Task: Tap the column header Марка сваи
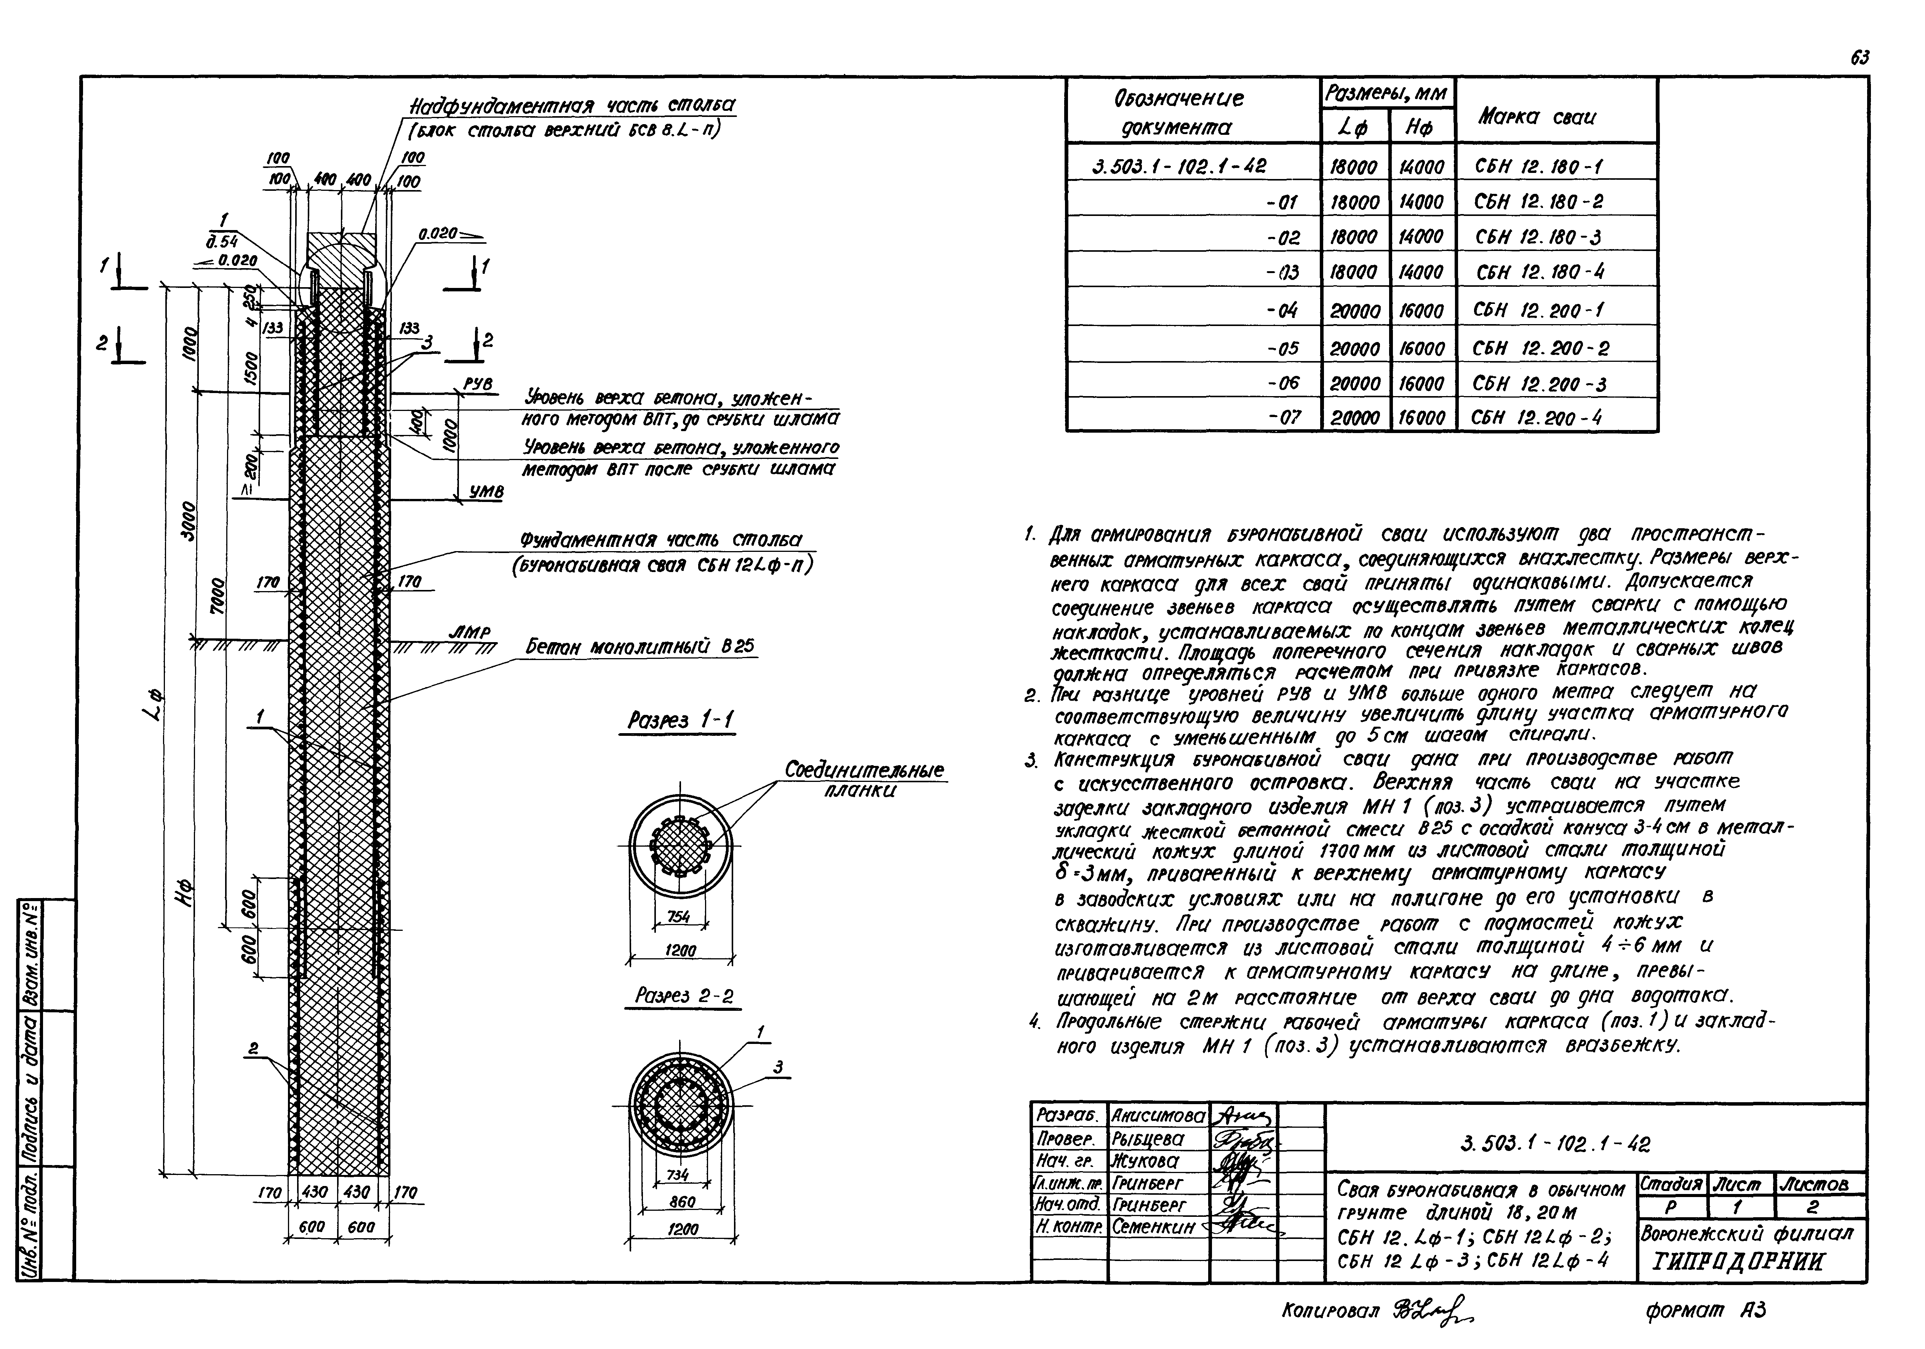click(x=1513, y=117)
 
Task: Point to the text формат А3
click(x=1706, y=1310)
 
